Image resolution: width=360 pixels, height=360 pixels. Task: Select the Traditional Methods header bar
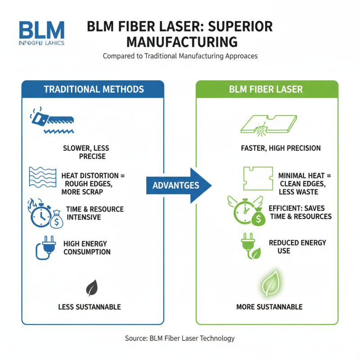click(x=93, y=89)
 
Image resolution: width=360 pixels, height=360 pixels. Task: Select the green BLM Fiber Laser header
click(x=266, y=89)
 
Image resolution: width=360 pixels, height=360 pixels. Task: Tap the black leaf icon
click(x=92, y=287)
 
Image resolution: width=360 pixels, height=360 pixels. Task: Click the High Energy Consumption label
click(x=87, y=247)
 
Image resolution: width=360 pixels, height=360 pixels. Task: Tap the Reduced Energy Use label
click(x=297, y=247)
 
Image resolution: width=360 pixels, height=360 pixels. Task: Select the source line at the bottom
click(x=180, y=338)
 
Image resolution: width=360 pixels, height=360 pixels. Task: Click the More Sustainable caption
click(x=269, y=307)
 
